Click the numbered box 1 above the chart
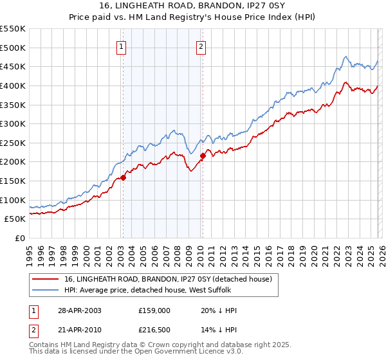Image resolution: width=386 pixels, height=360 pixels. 122,46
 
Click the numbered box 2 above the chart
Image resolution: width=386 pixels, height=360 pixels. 201,46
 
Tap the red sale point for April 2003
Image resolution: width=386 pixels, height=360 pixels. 123,178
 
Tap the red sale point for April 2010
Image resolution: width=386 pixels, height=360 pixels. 203,156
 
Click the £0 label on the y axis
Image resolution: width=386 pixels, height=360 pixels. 19,238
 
